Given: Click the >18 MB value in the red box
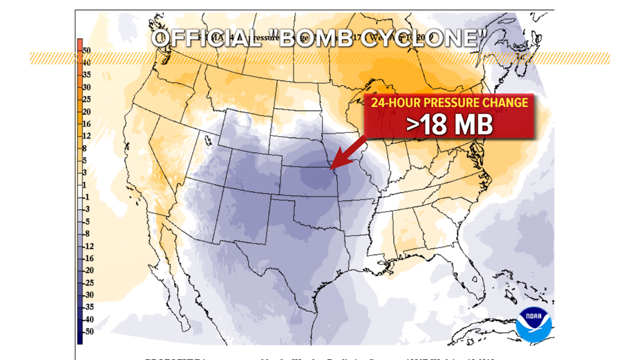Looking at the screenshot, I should pos(449,125).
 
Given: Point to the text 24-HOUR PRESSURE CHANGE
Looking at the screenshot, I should pos(449,103).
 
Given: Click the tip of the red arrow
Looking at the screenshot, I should pos(331,168).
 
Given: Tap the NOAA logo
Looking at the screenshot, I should pos(533,324).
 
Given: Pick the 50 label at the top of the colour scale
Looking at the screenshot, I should pos(86,51).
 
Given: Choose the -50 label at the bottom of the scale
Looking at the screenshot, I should pos(88,332).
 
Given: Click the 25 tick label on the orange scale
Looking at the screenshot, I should pos(86,99).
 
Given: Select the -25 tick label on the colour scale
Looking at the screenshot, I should pos(88,283).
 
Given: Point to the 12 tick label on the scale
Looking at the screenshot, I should pos(86,136).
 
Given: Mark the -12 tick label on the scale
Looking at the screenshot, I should pos(88,247).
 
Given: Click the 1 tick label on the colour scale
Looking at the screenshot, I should pos(85,185).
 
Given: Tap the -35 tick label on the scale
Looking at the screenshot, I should pos(88,307).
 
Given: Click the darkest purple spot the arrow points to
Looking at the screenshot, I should pos(314,177).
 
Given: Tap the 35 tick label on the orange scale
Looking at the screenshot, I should pos(86,75).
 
